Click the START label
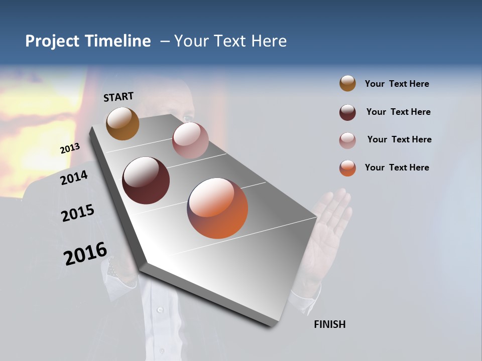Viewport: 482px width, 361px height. click(x=118, y=97)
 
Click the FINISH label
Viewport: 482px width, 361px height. click(x=329, y=324)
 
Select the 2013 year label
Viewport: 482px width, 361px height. click(x=70, y=148)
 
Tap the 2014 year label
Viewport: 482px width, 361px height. click(x=74, y=177)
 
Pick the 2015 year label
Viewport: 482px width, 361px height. click(x=77, y=213)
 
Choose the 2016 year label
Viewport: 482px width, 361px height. click(x=85, y=254)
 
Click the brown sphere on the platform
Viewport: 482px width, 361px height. click(x=123, y=124)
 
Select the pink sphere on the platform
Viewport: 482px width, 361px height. click(x=190, y=140)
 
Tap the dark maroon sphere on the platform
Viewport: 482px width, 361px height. click(x=146, y=180)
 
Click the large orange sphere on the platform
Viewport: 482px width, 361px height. click(x=217, y=208)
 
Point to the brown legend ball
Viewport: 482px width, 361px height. click(x=347, y=83)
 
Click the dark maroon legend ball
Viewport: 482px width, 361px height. click(x=347, y=112)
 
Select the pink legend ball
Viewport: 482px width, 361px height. click(x=347, y=140)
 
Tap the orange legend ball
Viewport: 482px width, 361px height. click(x=347, y=168)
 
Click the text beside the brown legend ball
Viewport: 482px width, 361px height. click(x=397, y=84)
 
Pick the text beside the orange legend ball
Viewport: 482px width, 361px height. click(x=397, y=167)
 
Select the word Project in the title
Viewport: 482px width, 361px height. click(x=52, y=41)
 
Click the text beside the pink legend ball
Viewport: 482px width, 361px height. click(x=399, y=139)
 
